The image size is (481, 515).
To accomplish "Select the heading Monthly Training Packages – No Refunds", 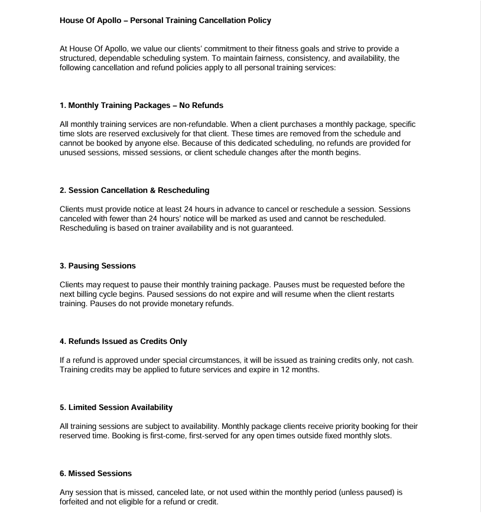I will (x=142, y=106).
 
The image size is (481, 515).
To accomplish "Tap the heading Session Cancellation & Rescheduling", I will (x=135, y=191).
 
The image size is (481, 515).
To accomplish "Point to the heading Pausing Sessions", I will (x=97, y=266).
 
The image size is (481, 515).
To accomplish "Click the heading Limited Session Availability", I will (x=116, y=407).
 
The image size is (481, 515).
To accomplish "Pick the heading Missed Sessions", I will (x=96, y=473).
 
